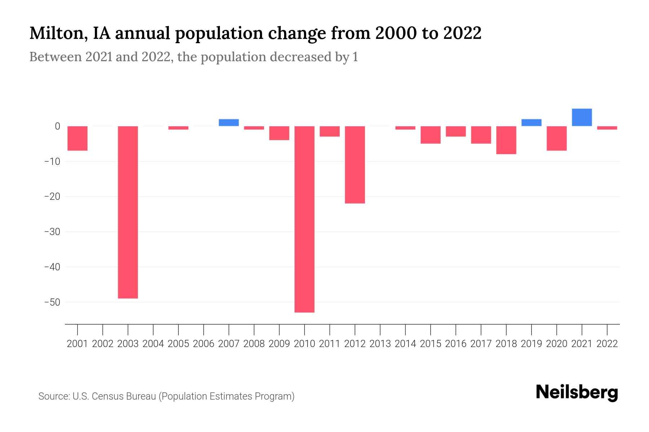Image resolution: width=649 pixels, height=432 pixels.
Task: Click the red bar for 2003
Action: coord(128,212)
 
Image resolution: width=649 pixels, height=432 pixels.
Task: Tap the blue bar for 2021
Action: coord(582,117)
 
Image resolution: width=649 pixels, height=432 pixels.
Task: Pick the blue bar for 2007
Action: coord(229,122)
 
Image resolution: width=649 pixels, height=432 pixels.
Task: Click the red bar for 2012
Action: coord(355,165)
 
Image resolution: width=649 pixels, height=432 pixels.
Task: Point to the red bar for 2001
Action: coord(78,138)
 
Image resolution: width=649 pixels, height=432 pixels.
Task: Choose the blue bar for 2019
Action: coord(531,122)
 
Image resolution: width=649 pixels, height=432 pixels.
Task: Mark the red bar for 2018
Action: coord(506,140)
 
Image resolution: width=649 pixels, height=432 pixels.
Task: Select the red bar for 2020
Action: coord(556,138)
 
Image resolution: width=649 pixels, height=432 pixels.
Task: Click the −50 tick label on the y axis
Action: coord(52,302)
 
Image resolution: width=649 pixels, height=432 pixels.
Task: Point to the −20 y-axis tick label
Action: coord(52,197)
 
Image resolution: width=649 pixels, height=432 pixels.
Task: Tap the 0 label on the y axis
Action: coord(57,126)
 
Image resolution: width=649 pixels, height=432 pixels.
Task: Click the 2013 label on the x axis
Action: coord(380,344)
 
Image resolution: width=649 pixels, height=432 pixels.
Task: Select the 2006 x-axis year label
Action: coord(204,344)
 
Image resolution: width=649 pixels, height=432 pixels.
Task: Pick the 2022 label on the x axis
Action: coord(607,344)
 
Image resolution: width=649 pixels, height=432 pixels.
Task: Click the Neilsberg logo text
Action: coord(577,392)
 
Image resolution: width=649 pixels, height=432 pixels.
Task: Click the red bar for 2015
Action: coord(431,135)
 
